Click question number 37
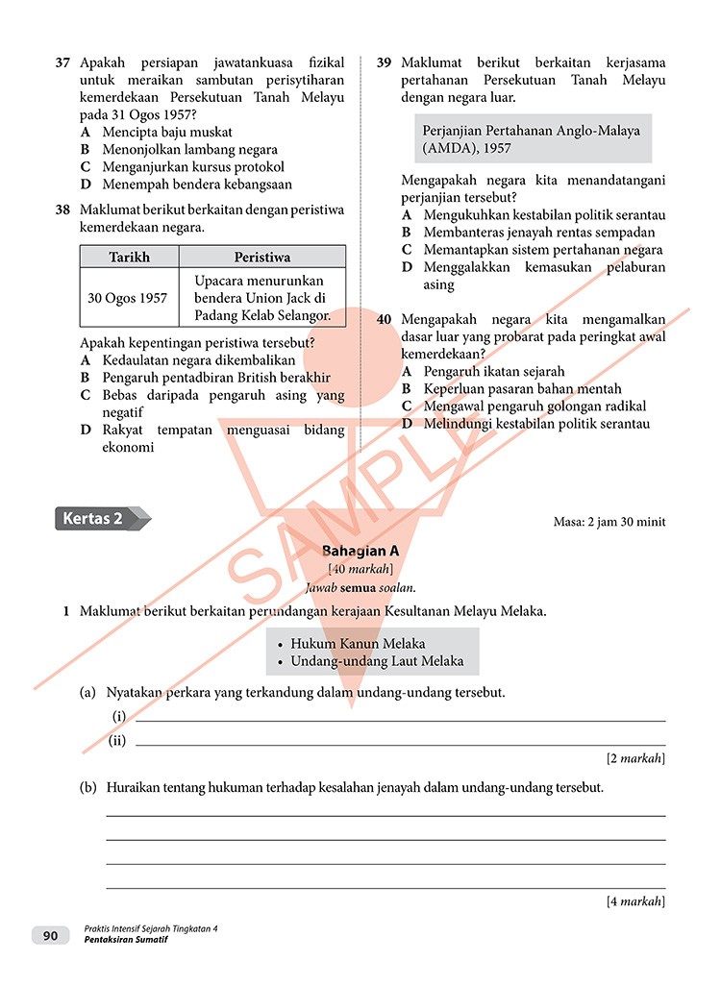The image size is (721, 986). [62, 62]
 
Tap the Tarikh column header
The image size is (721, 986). [129, 257]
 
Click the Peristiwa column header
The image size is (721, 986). [261, 257]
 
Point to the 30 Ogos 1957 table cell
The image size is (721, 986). [128, 298]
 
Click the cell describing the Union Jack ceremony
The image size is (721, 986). [261, 298]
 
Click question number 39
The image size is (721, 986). [384, 62]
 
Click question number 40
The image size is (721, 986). [384, 319]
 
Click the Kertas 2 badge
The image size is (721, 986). [99, 519]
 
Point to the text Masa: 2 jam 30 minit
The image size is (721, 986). [609, 523]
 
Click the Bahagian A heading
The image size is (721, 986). [360, 552]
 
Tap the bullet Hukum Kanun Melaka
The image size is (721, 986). [358, 644]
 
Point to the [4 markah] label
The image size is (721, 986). [635, 901]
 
